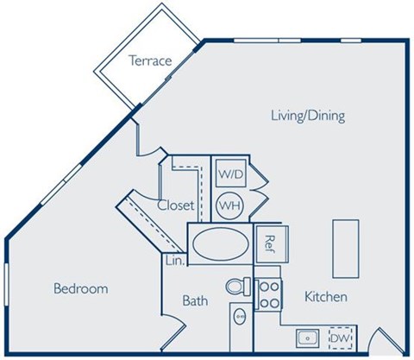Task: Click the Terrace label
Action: tap(151, 60)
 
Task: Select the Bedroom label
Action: tap(80, 288)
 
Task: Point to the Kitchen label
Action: tap(325, 297)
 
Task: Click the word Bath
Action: tap(195, 301)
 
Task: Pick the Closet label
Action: tap(175, 205)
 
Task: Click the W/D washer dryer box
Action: tap(229, 174)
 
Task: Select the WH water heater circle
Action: tap(229, 205)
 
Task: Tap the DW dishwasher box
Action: tap(341, 338)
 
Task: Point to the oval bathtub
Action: tap(219, 245)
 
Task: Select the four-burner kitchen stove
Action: tap(267, 293)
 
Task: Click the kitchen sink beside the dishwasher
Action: tap(306, 338)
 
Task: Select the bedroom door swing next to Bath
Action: tap(173, 332)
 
